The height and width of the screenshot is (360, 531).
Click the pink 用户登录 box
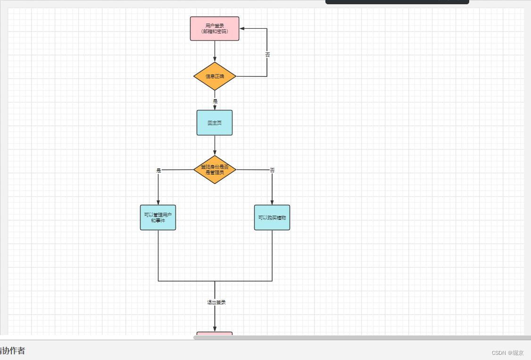coord(215,29)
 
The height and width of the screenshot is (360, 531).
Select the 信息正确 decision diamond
coord(215,76)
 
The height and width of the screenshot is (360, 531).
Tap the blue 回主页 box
coord(215,123)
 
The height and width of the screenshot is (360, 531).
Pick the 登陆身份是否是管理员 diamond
coord(215,169)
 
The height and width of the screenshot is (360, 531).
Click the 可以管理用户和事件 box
coord(158,218)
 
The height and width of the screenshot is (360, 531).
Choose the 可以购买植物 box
coord(272,218)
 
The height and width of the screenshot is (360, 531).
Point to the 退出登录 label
coord(216,302)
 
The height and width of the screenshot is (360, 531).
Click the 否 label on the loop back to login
coord(267,55)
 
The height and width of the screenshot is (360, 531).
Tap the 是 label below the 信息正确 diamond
coord(215,101)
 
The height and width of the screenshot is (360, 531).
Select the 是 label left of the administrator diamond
coord(158,170)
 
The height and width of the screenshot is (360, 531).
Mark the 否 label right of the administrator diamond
coord(272,170)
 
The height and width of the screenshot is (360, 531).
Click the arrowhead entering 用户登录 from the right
coord(242,29)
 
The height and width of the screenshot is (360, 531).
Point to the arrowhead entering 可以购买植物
coord(272,202)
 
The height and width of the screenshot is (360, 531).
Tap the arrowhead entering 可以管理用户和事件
coord(158,202)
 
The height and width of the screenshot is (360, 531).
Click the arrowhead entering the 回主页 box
coord(215,107)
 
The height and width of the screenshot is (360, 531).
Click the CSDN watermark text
coord(507,353)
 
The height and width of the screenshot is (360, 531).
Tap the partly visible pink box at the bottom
coord(215,335)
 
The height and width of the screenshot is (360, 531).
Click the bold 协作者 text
coord(13,351)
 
